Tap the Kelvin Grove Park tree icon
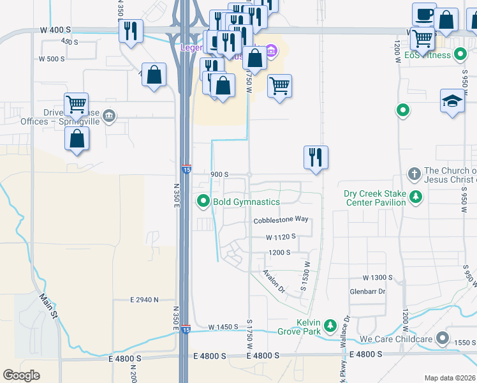(330, 326)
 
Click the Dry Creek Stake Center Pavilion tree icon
(416, 197)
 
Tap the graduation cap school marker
(452, 101)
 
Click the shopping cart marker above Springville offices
(76, 104)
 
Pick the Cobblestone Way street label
(281, 220)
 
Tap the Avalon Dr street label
(275, 280)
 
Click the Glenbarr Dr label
(368, 292)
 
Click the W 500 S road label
(52, 59)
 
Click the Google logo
(21, 375)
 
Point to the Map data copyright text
(449, 378)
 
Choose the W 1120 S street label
(281, 236)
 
